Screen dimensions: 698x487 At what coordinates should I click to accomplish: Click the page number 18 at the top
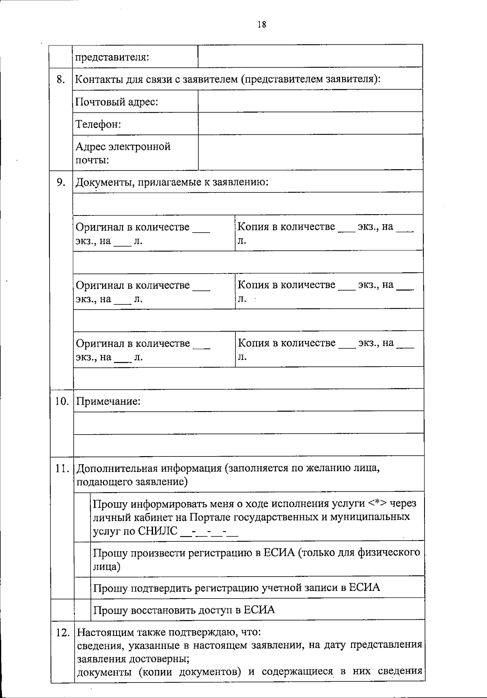coord(262,24)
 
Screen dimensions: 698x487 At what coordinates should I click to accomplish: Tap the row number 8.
coord(61,79)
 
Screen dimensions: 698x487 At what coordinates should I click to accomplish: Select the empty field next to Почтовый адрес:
coord(310,101)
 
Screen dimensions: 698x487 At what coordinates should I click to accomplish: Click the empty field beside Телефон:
coord(310,123)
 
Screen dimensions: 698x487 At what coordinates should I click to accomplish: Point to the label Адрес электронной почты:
coord(123,153)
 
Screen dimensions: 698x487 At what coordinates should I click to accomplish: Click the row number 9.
coord(61,182)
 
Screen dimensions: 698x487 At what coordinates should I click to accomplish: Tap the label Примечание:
coord(108,402)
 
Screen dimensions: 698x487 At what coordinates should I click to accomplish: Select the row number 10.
coord(62,401)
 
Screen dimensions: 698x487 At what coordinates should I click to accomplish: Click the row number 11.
coord(62,468)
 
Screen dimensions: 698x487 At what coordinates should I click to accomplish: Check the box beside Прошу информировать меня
coord(82,517)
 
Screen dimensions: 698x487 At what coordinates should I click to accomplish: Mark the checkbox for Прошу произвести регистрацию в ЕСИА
coord(82,559)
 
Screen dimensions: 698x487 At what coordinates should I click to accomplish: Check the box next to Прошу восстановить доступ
coord(82,610)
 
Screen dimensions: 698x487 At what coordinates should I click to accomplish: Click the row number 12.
coord(62,632)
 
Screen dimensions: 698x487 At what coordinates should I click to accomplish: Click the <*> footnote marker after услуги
coord(377,504)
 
